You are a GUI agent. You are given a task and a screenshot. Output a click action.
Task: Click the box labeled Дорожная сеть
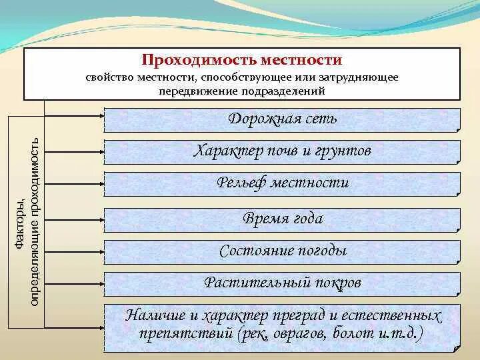tap(282, 119)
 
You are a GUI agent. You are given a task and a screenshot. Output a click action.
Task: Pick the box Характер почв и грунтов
tap(282, 151)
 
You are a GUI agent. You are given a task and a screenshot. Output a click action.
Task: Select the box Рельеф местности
tap(282, 183)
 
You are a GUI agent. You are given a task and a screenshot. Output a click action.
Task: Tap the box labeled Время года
tap(282, 219)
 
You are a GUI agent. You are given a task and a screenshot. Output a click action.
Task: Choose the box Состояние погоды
tap(282, 251)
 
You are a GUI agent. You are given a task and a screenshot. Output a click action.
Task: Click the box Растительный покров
tap(282, 283)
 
